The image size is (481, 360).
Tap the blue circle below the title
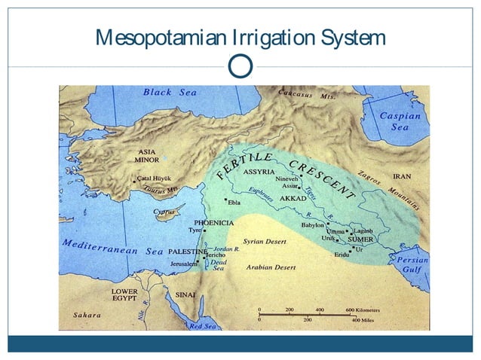[240, 66]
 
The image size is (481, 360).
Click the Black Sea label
[170, 93]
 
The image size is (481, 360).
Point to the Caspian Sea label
[400, 121]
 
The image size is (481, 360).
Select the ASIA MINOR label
[146, 156]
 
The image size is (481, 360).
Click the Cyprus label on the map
[164, 212]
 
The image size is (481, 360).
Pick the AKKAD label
[293, 198]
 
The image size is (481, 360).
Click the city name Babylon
[313, 224]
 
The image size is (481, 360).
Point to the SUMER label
[360, 239]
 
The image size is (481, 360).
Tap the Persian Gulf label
[412, 264]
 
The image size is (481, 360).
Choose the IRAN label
[402, 177]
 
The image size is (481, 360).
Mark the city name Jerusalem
[183, 264]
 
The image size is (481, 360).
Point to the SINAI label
[185, 294]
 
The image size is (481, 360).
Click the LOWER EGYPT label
[124, 294]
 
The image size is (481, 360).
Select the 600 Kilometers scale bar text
[363, 310]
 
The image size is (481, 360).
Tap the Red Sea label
[202, 326]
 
